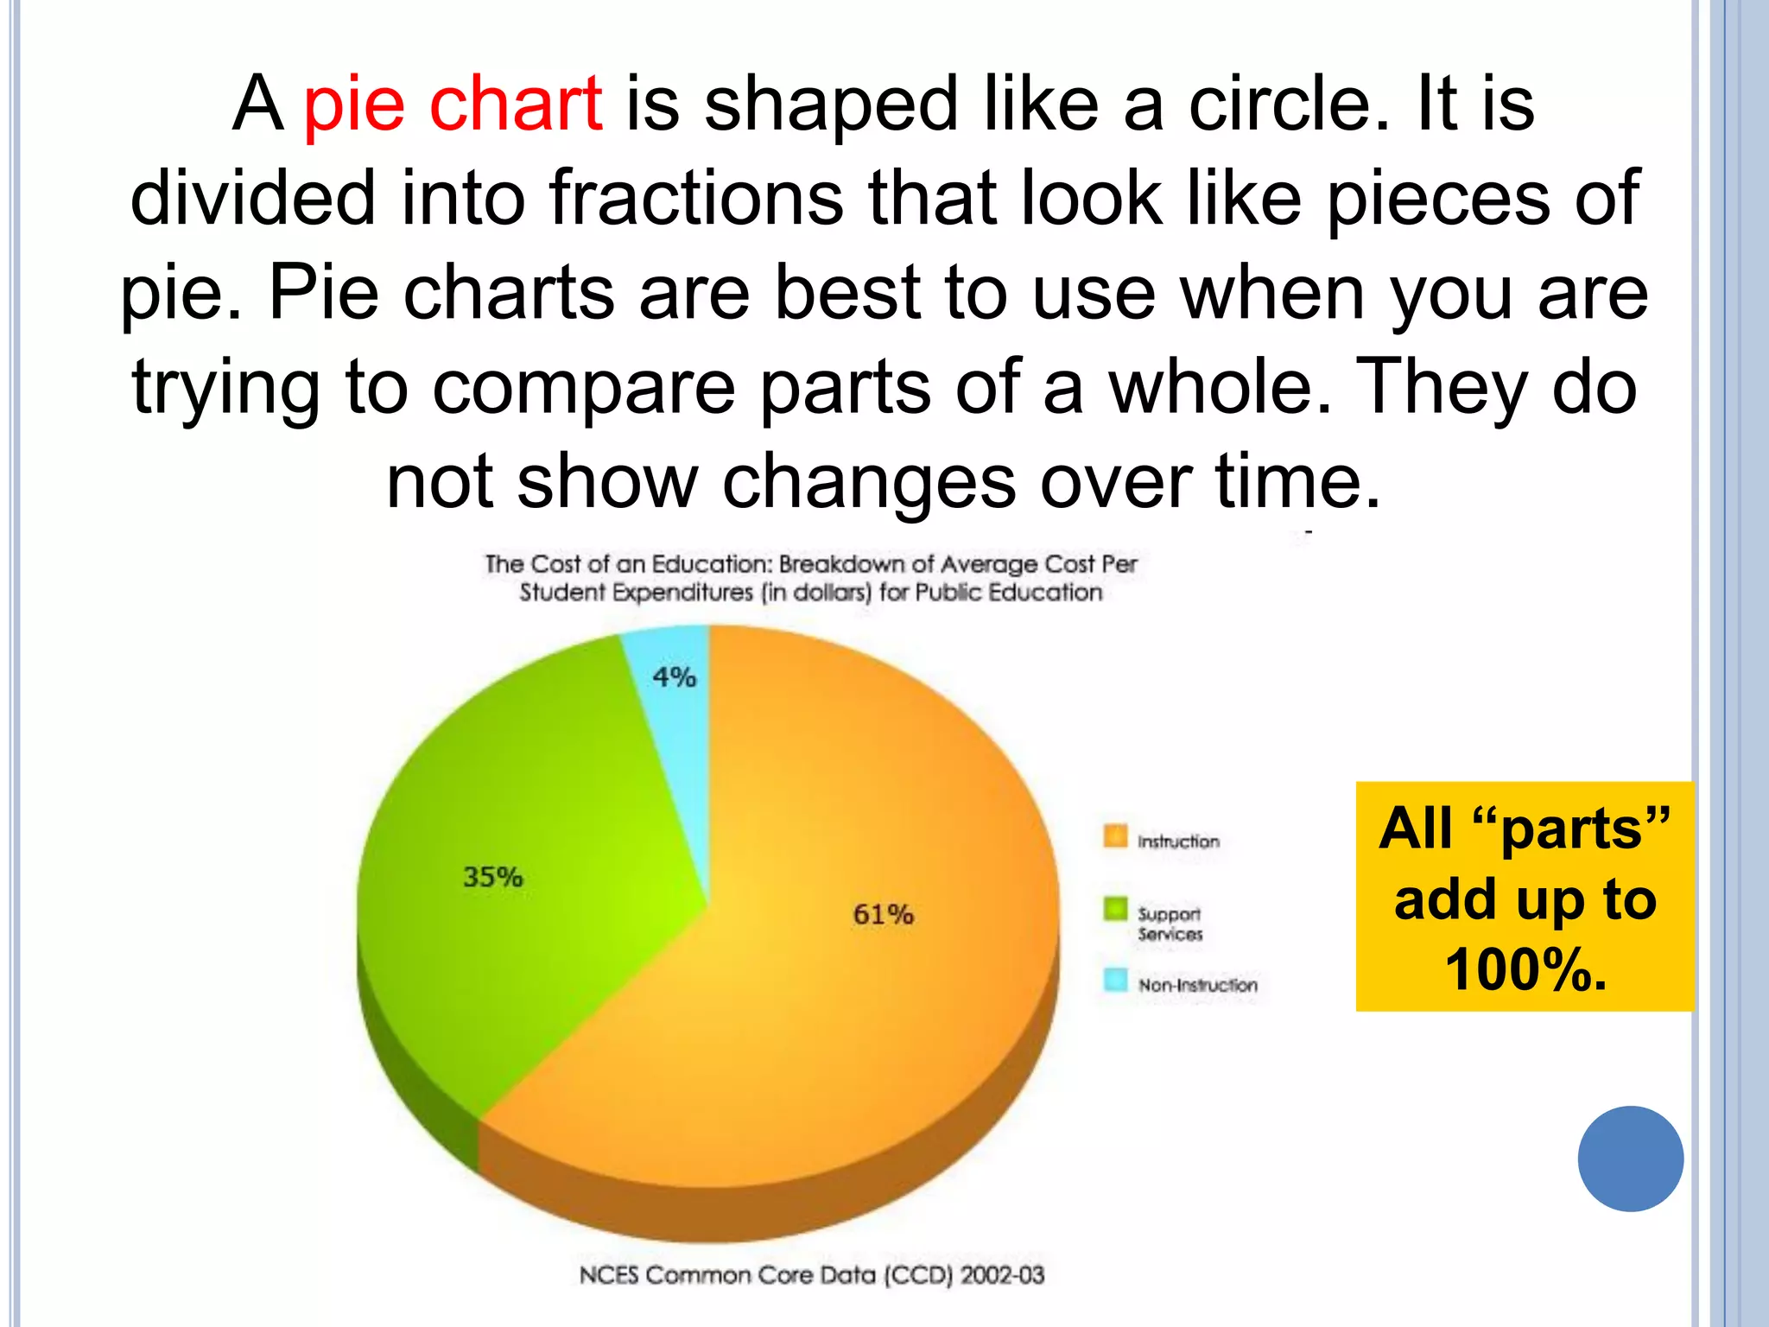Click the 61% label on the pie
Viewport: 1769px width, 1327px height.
click(x=883, y=914)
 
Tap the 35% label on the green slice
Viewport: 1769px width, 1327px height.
click(x=493, y=877)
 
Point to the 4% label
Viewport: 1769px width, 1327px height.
click(x=675, y=676)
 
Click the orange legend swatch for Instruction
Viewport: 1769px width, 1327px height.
click(x=1115, y=836)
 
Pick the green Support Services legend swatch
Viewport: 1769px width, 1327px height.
click(x=1115, y=909)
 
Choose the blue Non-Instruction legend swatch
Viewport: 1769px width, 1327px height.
click(x=1115, y=980)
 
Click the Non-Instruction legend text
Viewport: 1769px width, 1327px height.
click(x=1198, y=985)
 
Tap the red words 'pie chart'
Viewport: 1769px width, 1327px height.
click(x=453, y=105)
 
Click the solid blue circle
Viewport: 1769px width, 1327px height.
click(x=1630, y=1159)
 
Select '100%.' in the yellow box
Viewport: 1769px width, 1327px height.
click(x=1526, y=969)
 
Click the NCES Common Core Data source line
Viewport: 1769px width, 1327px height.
click(x=812, y=1275)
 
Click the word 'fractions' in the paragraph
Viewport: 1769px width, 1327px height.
click(x=696, y=199)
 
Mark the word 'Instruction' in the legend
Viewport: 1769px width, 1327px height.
click(x=1179, y=841)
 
